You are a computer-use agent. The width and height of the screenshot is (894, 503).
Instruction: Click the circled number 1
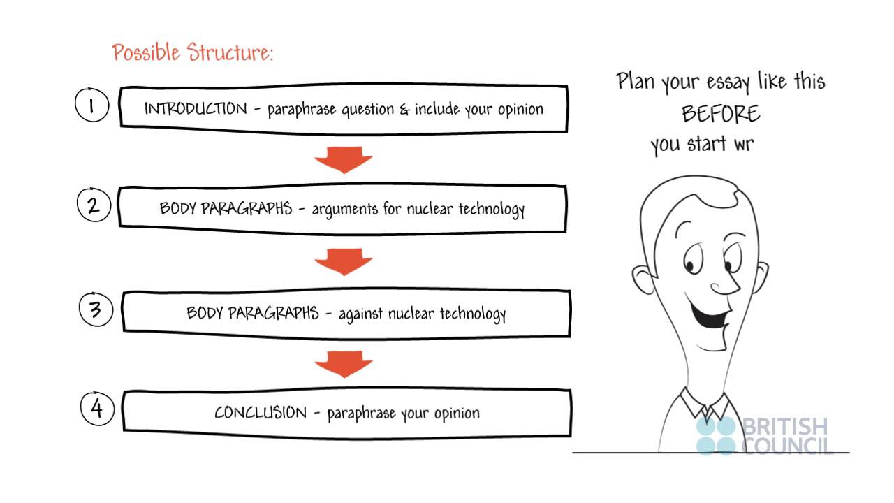[91, 105]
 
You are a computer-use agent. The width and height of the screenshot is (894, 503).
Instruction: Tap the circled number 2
[94, 205]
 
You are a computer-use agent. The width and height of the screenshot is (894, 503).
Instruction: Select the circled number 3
[96, 310]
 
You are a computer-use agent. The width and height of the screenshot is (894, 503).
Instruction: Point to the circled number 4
[97, 409]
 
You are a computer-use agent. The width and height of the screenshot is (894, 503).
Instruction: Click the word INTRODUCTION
[196, 109]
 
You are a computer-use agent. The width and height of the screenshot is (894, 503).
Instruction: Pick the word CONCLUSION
[261, 412]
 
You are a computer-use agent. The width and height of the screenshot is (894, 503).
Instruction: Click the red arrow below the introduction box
[343, 160]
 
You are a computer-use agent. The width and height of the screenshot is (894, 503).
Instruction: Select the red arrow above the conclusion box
[343, 364]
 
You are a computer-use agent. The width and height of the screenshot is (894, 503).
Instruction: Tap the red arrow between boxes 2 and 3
[343, 263]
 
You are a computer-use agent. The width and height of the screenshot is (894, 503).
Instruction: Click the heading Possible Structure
[193, 53]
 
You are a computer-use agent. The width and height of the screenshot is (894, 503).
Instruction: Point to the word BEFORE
[721, 113]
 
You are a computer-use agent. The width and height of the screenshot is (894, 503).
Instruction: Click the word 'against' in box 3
[360, 314]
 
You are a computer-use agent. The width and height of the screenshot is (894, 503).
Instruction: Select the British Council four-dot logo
[716, 436]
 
